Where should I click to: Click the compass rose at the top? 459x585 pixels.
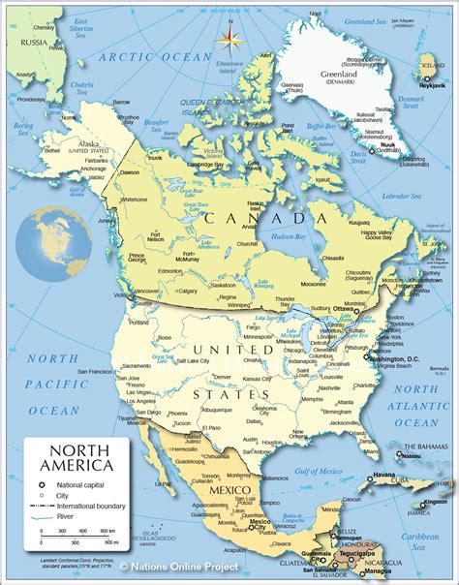230,39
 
